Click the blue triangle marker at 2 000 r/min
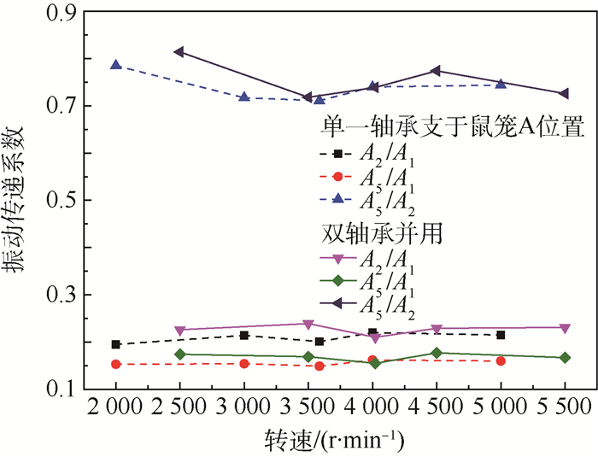pyautogui.click(x=116, y=65)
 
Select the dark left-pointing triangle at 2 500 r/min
pyautogui.click(x=179, y=52)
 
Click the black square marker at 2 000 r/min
pyautogui.click(x=116, y=344)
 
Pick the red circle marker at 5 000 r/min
pyautogui.click(x=501, y=360)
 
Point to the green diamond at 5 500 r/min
pyautogui.click(x=565, y=357)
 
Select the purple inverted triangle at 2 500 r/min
pyautogui.click(x=179, y=331)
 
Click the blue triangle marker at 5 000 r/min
pyautogui.click(x=501, y=83)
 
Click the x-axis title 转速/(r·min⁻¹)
pyautogui.click(x=340, y=441)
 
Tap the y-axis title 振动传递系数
pyautogui.click(x=19, y=200)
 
